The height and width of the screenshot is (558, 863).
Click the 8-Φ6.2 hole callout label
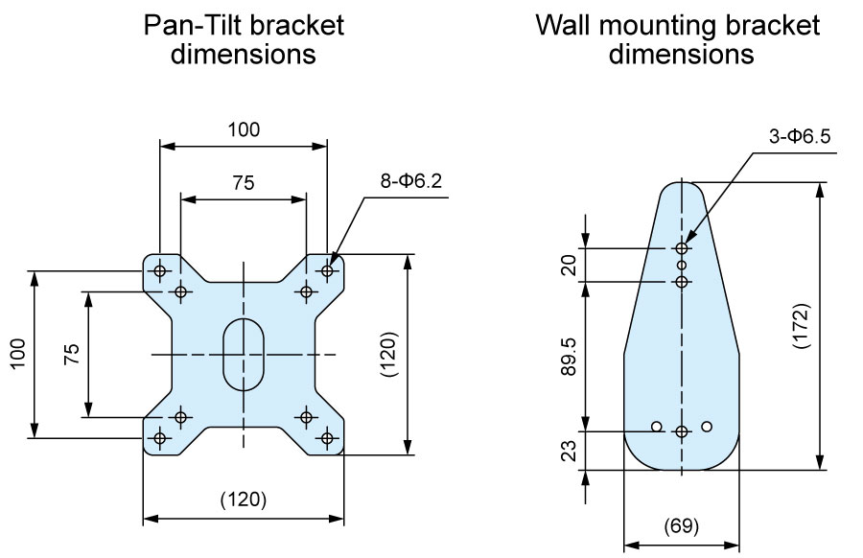point(410,180)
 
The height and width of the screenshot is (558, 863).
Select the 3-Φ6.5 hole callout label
point(800,136)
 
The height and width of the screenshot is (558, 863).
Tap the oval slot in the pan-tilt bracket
point(244,355)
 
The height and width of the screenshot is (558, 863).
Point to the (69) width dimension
point(682,525)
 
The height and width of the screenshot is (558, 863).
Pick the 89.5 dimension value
point(569,357)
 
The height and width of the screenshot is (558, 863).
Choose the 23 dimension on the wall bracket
point(571,451)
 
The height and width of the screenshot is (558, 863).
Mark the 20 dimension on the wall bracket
point(571,265)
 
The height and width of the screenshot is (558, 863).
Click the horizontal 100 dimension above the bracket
point(244,129)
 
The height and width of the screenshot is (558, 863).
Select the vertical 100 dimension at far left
point(17,354)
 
